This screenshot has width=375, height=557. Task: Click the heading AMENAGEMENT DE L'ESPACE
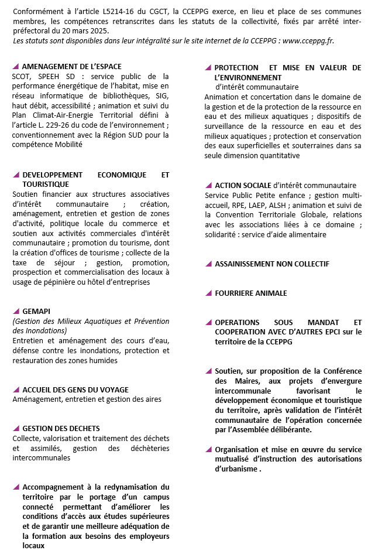71,67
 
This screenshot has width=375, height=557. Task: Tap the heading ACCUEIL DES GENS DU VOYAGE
75,389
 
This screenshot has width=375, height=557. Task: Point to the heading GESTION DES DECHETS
61,428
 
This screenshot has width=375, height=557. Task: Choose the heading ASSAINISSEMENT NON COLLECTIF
271,264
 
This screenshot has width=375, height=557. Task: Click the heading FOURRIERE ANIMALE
250,293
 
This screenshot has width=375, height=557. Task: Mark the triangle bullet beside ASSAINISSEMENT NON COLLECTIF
208,264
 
